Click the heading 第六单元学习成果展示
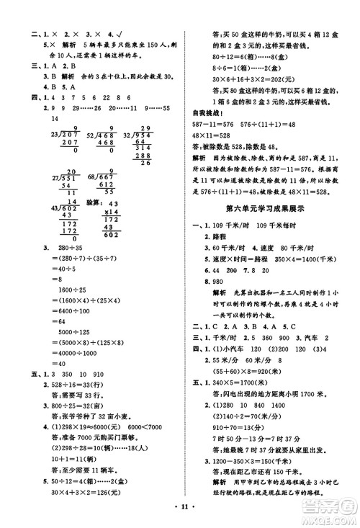pos(271,228)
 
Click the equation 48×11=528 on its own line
pos(212,135)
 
